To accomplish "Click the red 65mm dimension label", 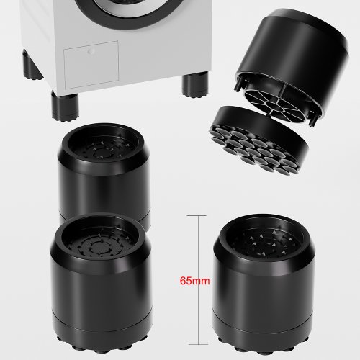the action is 194,281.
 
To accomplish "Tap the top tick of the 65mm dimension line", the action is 197,216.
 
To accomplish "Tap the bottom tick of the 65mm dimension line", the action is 198,344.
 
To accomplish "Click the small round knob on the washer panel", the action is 91,51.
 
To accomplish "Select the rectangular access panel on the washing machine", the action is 91,65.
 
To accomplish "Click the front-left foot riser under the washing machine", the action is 65,106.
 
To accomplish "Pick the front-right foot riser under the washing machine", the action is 195,85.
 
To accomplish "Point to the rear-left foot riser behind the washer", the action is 31,64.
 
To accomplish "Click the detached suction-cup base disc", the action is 259,139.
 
